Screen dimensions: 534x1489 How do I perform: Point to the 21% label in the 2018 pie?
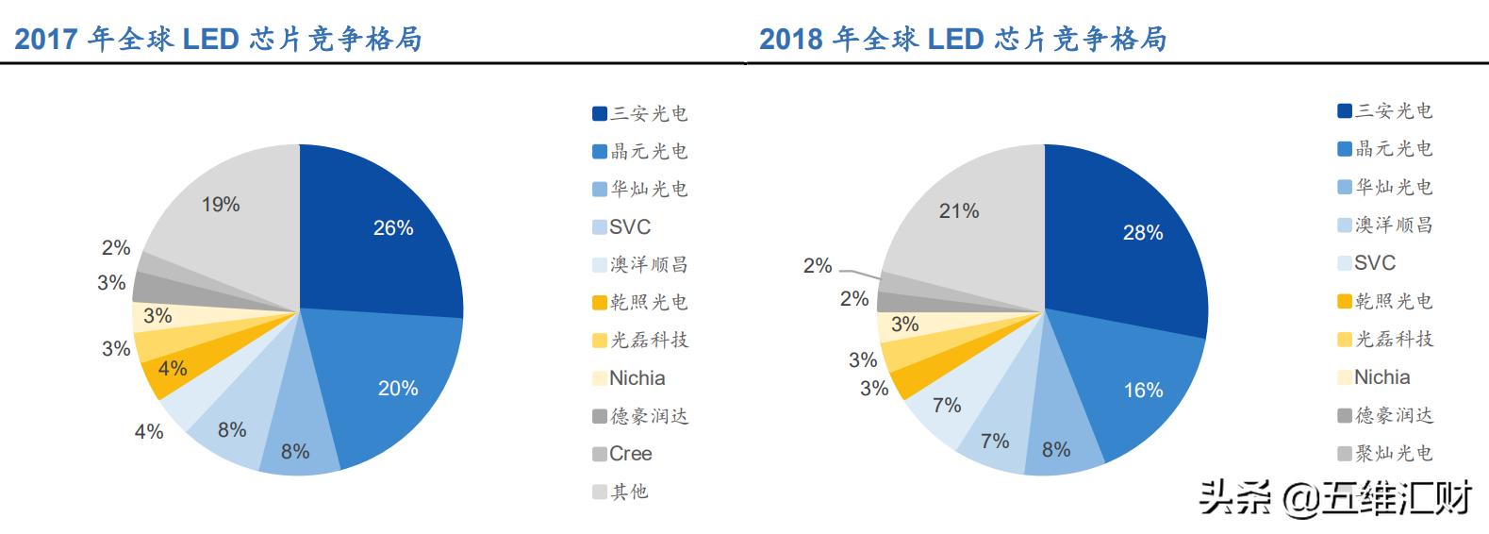point(959,211)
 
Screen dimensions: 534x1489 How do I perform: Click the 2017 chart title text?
point(218,39)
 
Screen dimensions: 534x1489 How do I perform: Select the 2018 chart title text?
point(963,39)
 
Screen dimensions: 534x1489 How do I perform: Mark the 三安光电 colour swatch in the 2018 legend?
point(1345,111)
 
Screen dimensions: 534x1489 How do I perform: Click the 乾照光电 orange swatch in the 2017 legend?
point(600,303)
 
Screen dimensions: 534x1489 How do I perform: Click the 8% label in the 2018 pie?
point(1056,450)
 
